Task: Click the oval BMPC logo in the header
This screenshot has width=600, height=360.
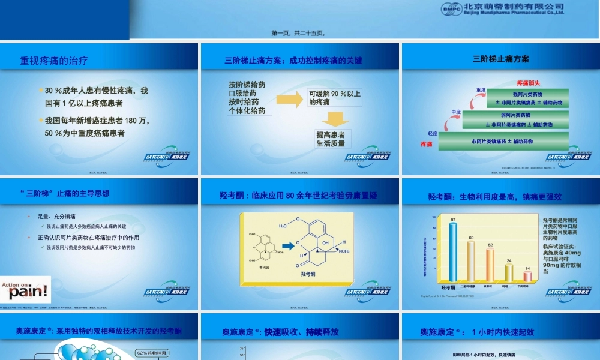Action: pyautogui.click(x=451, y=8)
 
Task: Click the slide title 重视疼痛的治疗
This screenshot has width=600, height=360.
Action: pyautogui.click(x=54, y=60)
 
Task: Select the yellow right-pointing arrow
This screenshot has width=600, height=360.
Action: pyautogui.click(x=289, y=97)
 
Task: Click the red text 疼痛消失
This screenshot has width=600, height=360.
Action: pyautogui.click(x=528, y=83)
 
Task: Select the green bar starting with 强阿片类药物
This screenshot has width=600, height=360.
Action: pyautogui.click(x=527, y=98)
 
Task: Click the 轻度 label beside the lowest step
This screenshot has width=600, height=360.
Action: pyautogui.click(x=432, y=133)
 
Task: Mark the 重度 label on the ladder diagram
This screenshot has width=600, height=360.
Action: pyautogui.click(x=481, y=90)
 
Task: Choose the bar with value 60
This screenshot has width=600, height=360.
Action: pyautogui.click(x=471, y=261)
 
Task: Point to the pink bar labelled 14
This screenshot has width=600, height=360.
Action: pyautogui.click(x=527, y=276)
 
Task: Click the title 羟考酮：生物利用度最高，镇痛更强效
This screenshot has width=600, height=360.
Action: pyautogui.click(x=495, y=196)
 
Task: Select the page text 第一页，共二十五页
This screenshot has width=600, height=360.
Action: pyautogui.click(x=299, y=34)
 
